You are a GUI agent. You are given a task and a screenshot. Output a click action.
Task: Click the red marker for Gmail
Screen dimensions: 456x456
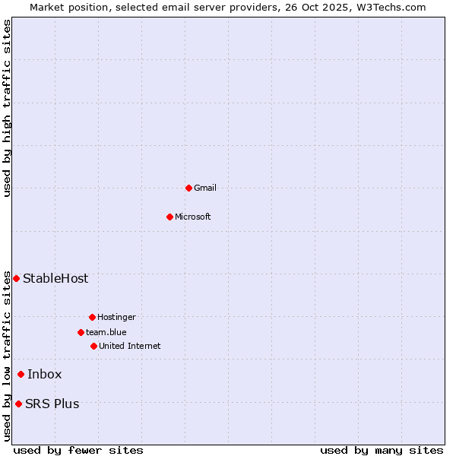point(188,188)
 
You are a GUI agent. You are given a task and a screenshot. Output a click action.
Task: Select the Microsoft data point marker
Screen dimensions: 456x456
point(169,217)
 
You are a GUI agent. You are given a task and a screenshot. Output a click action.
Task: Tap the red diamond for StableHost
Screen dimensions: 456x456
point(16,278)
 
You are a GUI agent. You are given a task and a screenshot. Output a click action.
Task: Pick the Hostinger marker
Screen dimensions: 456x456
point(92,317)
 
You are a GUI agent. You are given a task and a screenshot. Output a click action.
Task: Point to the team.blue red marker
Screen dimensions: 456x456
point(81,332)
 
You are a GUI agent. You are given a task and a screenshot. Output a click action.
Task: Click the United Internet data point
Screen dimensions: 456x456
point(93,346)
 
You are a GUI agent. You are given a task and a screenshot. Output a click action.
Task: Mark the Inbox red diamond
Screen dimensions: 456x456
point(21,374)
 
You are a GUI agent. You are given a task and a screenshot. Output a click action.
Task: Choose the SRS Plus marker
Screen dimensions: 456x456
point(18,404)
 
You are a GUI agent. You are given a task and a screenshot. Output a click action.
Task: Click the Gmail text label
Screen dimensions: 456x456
point(205,188)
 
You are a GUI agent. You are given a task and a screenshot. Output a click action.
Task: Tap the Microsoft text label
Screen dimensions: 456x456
point(193,217)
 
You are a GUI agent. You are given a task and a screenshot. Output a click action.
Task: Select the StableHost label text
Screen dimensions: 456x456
point(55,278)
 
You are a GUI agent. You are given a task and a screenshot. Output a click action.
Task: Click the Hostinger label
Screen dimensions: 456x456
point(116,317)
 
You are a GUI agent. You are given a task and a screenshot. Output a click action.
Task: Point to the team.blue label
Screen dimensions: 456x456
point(106,332)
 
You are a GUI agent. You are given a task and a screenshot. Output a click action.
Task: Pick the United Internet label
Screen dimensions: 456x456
point(130,346)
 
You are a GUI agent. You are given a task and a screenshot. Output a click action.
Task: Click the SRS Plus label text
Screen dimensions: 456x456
point(52,404)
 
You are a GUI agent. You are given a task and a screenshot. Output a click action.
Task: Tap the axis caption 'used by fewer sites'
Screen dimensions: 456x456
point(78,450)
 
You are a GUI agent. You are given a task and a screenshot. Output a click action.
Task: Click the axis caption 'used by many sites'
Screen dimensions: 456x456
point(382,450)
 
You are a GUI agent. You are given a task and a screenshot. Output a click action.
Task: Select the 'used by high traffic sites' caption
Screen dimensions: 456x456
point(7,108)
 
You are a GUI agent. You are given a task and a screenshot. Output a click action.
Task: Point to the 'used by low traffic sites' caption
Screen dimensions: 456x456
point(7,356)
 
